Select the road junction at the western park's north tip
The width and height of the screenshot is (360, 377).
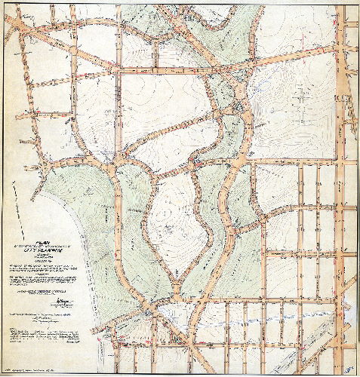click(x=113, y=170)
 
